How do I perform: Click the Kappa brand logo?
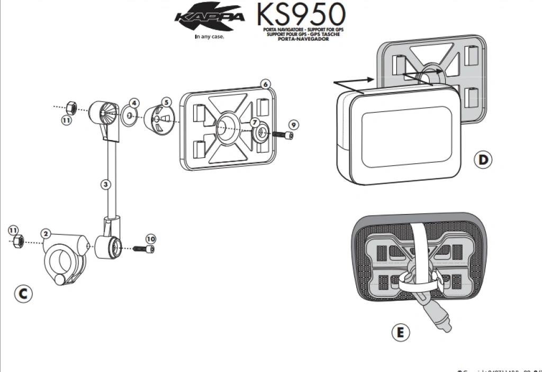point(210,17)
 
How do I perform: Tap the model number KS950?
point(301,15)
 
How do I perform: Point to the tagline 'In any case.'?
point(210,37)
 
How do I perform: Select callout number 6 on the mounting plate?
point(265,84)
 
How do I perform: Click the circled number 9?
point(294,125)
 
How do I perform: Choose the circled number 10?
point(151,238)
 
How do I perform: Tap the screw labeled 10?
point(143,248)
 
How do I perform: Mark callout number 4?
point(134,103)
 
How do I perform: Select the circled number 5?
point(166,101)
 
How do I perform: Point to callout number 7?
point(255,122)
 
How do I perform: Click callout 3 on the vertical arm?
point(106,184)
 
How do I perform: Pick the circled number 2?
point(46,234)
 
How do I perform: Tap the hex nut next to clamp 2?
point(17,243)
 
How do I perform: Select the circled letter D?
point(482,160)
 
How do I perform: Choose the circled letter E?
point(400,332)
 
